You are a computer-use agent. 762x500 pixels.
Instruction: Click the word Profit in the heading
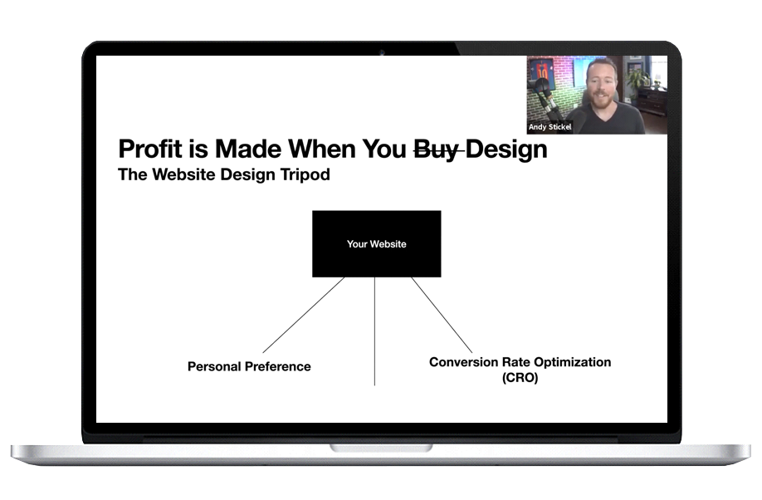[x=150, y=149]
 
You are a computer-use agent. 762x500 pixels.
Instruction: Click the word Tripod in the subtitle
[x=305, y=174]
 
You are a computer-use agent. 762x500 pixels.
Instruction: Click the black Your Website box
[x=377, y=243]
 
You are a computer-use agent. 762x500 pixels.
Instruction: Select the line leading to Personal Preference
[x=304, y=315]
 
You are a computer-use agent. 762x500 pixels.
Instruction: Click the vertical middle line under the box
[x=374, y=331]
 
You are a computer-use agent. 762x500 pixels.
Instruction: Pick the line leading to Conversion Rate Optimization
[x=442, y=315]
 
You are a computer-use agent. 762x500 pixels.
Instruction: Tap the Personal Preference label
[x=249, y=366]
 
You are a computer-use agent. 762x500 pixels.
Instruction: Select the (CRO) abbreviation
[x=520, y=378]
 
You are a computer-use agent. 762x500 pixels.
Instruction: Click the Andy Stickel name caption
[x=550, y=127]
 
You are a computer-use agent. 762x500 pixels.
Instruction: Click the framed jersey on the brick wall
[x=542, y=72]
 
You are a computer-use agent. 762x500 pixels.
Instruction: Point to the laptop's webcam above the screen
[x=382, y=52]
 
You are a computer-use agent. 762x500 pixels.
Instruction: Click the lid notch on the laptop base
[x=381, y=448]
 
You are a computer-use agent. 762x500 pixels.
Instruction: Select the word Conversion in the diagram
[x=457, y=362]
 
